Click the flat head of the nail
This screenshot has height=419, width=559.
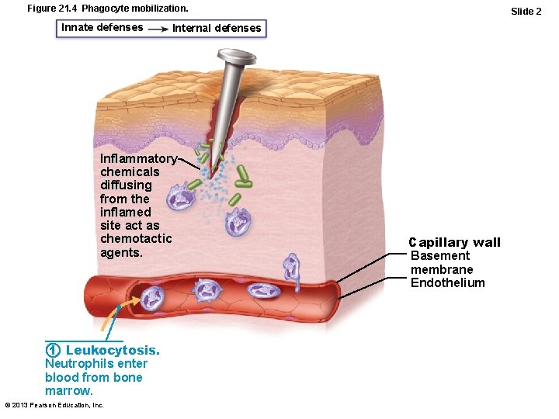point(237,57)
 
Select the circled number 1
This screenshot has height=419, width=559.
point(53,351)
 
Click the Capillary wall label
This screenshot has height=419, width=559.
point(455,243)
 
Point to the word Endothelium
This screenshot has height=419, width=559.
point(447,282)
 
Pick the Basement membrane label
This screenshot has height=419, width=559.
point(441,262)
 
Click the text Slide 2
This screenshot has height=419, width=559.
point(526,11)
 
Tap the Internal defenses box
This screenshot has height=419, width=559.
point(217,29)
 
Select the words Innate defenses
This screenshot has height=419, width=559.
point(102,27)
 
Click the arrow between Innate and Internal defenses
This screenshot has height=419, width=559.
point(158,29)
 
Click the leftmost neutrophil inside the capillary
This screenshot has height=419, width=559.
point(153,296)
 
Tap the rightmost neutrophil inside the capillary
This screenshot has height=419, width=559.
point(262,290)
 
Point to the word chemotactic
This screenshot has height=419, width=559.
point(136,239)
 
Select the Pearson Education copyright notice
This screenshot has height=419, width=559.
point(54,405)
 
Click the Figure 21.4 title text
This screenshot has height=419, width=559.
point(107,8)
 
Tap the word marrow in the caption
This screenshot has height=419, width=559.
point(68,390)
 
